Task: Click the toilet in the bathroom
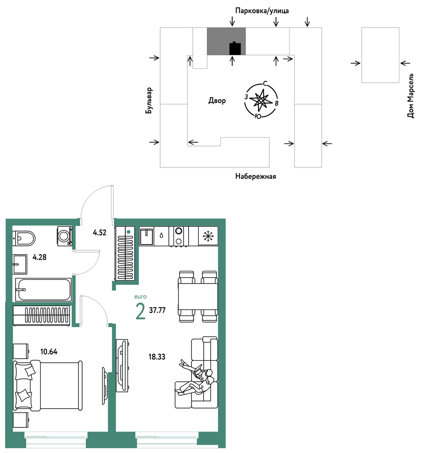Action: (23, 238)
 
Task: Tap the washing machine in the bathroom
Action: (65, 236)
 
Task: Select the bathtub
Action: (43, 290)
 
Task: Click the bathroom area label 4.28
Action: (39, 257)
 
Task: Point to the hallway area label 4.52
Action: (100, 232)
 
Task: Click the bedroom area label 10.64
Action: (49, 351)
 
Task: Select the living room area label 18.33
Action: (157, 357)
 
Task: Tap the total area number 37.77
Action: (157, 310)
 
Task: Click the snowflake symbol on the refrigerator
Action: (208, 236)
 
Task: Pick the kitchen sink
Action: (147, 236)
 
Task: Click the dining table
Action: (198, 297)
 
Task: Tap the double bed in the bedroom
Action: (48, 385)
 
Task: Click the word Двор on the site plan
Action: (217, 101)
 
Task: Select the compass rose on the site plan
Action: (261, 100)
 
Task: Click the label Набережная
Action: (256, 176)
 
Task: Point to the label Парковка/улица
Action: (262, 11)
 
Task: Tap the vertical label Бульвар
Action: (149, 101)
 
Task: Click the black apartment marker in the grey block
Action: (235, 48)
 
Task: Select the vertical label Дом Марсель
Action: (410, 96)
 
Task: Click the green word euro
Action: (140, 297)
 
